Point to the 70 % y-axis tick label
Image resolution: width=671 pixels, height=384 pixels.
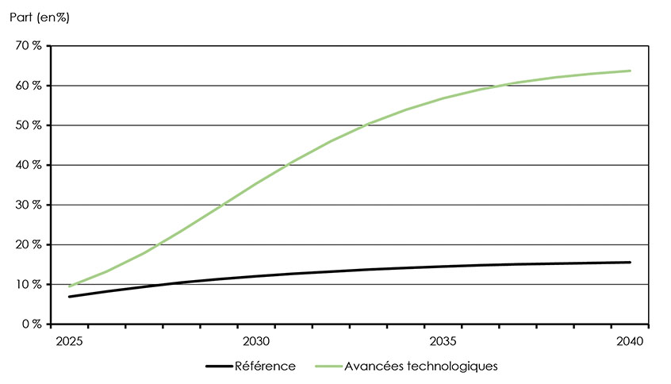point(29,46)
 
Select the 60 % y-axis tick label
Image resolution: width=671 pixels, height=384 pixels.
point(29,86)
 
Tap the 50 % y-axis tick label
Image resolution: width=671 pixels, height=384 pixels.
point(29,125)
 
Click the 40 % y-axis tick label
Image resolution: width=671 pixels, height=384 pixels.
point(29,165)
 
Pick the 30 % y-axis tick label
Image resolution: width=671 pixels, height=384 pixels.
point(29,205)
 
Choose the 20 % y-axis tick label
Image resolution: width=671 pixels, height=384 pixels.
point(29,244)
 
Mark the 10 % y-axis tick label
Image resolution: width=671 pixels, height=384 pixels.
point(29,284)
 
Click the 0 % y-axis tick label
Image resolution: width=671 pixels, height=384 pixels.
point(32,324)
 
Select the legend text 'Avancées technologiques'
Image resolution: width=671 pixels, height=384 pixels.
point(421,366)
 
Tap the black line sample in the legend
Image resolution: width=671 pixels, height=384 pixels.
point(218,366)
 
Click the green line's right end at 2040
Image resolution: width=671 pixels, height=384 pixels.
point(631,71)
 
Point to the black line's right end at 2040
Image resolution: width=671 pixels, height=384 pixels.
point(631,263)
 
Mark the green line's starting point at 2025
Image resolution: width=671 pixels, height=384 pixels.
point(70,286)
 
